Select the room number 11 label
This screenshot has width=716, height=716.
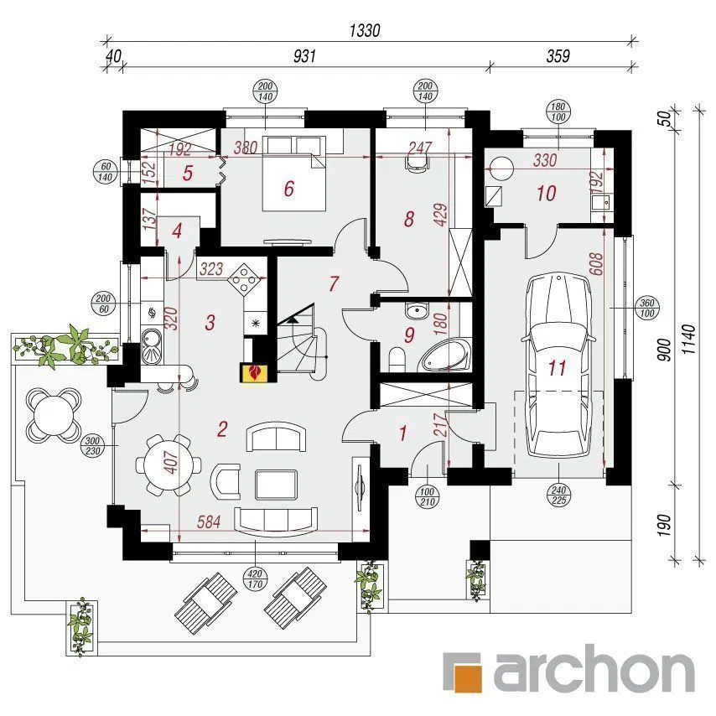[558, 368]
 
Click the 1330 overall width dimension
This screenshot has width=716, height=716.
[365, 30]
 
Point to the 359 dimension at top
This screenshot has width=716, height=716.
[558, 56]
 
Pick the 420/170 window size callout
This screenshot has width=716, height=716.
[255, 579]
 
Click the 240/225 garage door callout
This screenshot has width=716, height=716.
[558, 495]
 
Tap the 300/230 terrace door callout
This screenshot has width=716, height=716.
[92, 446]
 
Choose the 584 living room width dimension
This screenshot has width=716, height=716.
[208, 522]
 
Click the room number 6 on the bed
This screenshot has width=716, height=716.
[288, 189]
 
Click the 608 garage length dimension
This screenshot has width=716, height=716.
[596, 264]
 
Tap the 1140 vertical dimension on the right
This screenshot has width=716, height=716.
[688, 340]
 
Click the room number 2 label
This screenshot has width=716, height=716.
[222, 429]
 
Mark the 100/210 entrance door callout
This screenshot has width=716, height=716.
[427, 497]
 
